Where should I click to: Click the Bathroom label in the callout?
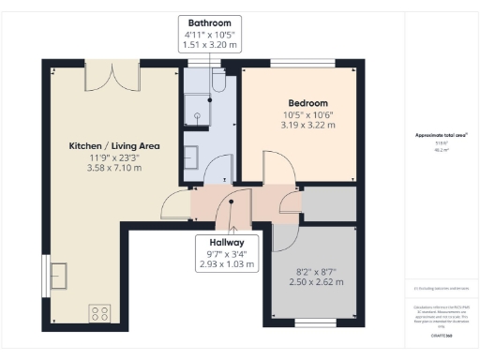point(209,22)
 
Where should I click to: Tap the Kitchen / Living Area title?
point(114,146)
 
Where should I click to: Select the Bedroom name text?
point(307,102)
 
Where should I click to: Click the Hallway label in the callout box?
point(221,241)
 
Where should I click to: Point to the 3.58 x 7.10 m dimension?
point(114,169)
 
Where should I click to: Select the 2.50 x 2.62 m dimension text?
point(309,281)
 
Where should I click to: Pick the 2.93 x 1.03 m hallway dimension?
point(221,264)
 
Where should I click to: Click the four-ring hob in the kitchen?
point(100,312)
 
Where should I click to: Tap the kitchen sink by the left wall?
point(59,276)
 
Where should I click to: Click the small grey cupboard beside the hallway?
point(328,203)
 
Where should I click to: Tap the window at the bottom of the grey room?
point(309,322)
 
